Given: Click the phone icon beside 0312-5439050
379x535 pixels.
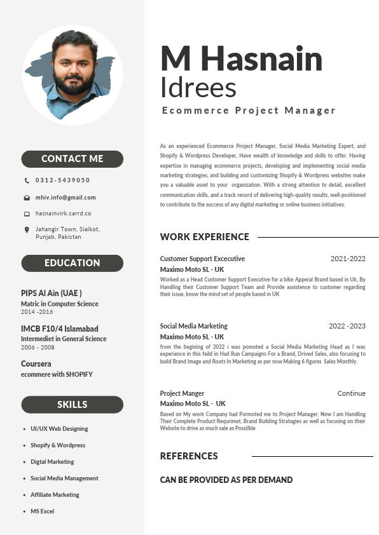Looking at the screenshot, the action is pos(27,180).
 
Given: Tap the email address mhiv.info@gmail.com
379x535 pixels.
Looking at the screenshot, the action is pos(65,198).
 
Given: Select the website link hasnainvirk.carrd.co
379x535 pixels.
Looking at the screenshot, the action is pos(63,213).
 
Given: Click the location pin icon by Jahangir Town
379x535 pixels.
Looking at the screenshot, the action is pos(27,229).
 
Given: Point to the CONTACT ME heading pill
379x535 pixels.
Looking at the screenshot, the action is pos(72,159).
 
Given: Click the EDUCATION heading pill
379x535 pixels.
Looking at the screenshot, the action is pos(72,263).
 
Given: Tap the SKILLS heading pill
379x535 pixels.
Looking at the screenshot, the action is pos(72,405).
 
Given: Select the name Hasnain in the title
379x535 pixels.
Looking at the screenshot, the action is pos(263,59).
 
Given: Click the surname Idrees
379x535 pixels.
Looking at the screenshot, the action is pos(198,88).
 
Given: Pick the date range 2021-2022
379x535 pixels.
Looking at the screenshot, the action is pos(348,259).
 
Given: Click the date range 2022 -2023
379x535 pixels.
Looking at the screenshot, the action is pos(347,326).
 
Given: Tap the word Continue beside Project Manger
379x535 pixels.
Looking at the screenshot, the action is pos(351,393).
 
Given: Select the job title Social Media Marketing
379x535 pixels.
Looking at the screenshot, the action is pos(193,326).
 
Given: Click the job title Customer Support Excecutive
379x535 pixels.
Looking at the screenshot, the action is pos(202,259).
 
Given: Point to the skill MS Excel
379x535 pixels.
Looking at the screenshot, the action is pos(42,511).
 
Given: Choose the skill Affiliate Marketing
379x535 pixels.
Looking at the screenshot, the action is pos(55,495).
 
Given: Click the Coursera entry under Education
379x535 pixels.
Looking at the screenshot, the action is pos(36,364).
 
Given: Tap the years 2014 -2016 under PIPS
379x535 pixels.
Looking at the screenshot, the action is pos(37,312).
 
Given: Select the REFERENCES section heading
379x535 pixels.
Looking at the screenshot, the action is pos(189,456).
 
